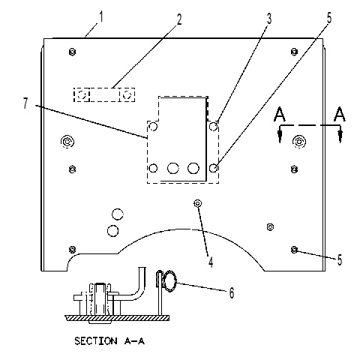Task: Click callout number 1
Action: pyautogui.click(x=101, y=17)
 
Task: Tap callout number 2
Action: pyautogui.click(x=179, y=19)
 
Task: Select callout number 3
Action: pyautogui.click(x=268, y=19)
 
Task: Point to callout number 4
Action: pyautogui.click(x=211, y=262)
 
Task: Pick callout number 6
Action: pyautogui.click(x=232, y=292)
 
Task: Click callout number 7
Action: pyautogui.click(x=25, y=103)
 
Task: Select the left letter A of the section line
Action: pyautogui.click(x=280, y=114)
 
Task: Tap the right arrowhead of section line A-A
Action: pyautogui.click(x=340, y=136)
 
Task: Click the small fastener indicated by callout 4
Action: pyautogui.click(x=197, y=203)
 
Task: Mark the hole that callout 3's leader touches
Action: pyautogui.click(x=213, y=126)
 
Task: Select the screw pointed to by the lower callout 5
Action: pyautogui.click(x=294, y=250)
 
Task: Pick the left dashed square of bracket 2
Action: pyautogui.click(x=82, y=94)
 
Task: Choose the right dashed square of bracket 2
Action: pyautogui.click(x=127, y=94)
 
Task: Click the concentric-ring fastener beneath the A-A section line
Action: pyautogui.click(x=298, y=142)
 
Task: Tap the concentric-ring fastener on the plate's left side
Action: pyautogui.click(x=67, y=142)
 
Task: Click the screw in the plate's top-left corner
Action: pyautogui.click(x=72, y=52)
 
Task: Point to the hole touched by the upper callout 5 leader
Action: pyautogui.click(x=213, y=168)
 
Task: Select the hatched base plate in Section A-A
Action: pyautogui.click(x=117, y=318)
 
